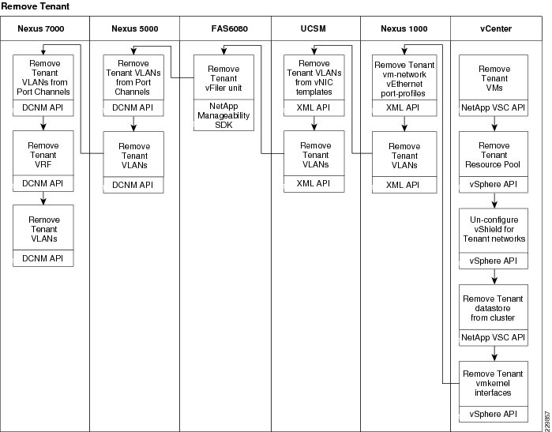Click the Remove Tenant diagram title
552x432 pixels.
[36, 6]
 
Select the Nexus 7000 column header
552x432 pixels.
[41, 28]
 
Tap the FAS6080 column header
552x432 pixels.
[230, 28]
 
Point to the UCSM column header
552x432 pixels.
[313, 28]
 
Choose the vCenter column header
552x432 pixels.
[496, 28]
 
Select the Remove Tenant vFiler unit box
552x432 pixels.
[223, 77]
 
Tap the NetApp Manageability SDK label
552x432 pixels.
[223, 115]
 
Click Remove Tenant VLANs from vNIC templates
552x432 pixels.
[314, 77]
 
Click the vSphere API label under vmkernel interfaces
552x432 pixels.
[494, 414]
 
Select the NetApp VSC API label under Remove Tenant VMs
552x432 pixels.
[494, 107]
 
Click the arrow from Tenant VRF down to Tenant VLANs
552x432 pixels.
[43, 198]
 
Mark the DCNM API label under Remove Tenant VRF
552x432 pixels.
[43, 183]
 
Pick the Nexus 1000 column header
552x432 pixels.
[404, 28]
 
